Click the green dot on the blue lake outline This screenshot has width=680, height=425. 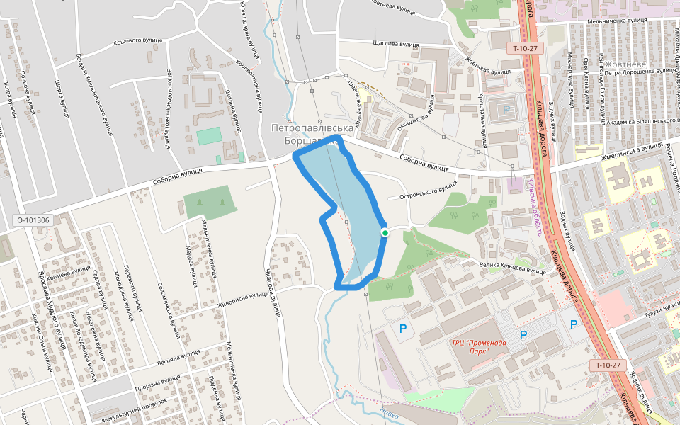(385, 232)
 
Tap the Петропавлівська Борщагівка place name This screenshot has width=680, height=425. (312, 135)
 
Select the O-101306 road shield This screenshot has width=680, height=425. (33, 220)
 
